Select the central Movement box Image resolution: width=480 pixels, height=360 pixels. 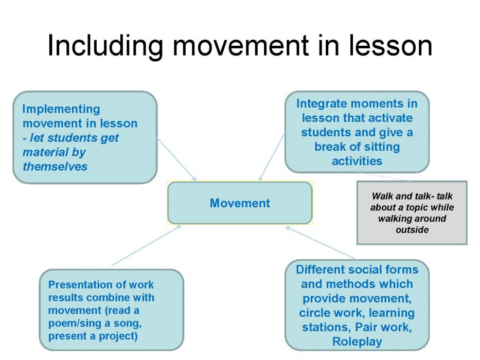[240, 203]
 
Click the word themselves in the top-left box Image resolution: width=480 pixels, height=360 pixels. [55, 167]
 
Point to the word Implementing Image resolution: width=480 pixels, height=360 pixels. [61, 109]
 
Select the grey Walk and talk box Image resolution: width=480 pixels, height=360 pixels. [412, 213]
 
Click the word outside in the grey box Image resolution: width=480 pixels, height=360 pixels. [412, 229]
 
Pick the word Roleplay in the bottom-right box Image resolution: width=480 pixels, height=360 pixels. [357, 341]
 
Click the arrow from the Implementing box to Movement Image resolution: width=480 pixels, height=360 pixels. [176, 159]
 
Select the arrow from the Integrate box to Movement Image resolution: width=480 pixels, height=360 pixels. [272, 156]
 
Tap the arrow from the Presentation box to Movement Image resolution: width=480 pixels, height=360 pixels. [146, 245]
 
